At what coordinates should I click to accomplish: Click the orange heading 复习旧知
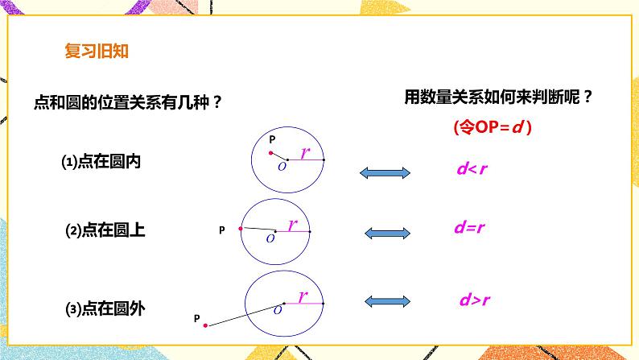tap(95, 53)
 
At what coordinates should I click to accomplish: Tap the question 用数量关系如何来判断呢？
tap(499, 98)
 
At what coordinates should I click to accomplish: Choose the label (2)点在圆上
tap(105, 230)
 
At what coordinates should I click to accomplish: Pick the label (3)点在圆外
tap(105, 307)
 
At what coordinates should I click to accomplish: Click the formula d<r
tap(468, 170)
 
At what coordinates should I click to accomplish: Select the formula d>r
tap(469, 301)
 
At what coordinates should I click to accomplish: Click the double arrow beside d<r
tap(385, 172)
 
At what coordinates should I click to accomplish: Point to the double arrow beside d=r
tap(388, 232)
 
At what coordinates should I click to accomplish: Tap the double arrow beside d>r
tap(388, 301)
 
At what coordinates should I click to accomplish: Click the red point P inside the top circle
tap(272, 152)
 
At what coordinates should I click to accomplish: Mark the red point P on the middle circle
tap(241, 229)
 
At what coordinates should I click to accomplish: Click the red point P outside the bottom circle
tap(206, 325)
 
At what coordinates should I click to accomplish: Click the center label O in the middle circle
tap(270, 239)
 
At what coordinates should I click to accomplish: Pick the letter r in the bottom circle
tap(303, 296)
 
